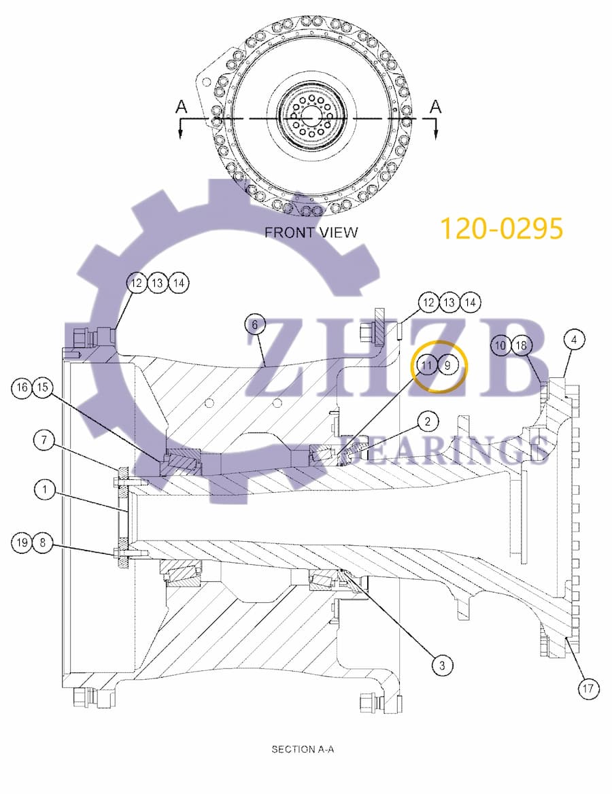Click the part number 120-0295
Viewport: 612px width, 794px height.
[501, 229]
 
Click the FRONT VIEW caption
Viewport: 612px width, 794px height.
[311, 232]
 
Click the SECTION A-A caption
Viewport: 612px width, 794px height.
[303, 749]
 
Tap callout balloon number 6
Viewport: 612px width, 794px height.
[255, 325]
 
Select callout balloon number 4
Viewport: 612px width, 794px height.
[574, 339]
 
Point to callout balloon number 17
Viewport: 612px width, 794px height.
[589, 689]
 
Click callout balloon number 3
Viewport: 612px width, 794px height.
[442, 666]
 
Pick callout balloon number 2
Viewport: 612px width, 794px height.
[428, 422]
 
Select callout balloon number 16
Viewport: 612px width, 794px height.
[22, 387]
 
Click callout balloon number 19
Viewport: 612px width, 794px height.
[22, 542]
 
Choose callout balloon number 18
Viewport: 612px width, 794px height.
[521, 345]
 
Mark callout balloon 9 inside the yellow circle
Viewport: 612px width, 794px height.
[448, 365]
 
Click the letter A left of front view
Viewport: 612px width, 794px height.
[181, 107]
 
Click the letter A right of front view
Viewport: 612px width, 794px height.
[436, 107]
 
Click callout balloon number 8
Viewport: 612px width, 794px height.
[43, 542]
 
